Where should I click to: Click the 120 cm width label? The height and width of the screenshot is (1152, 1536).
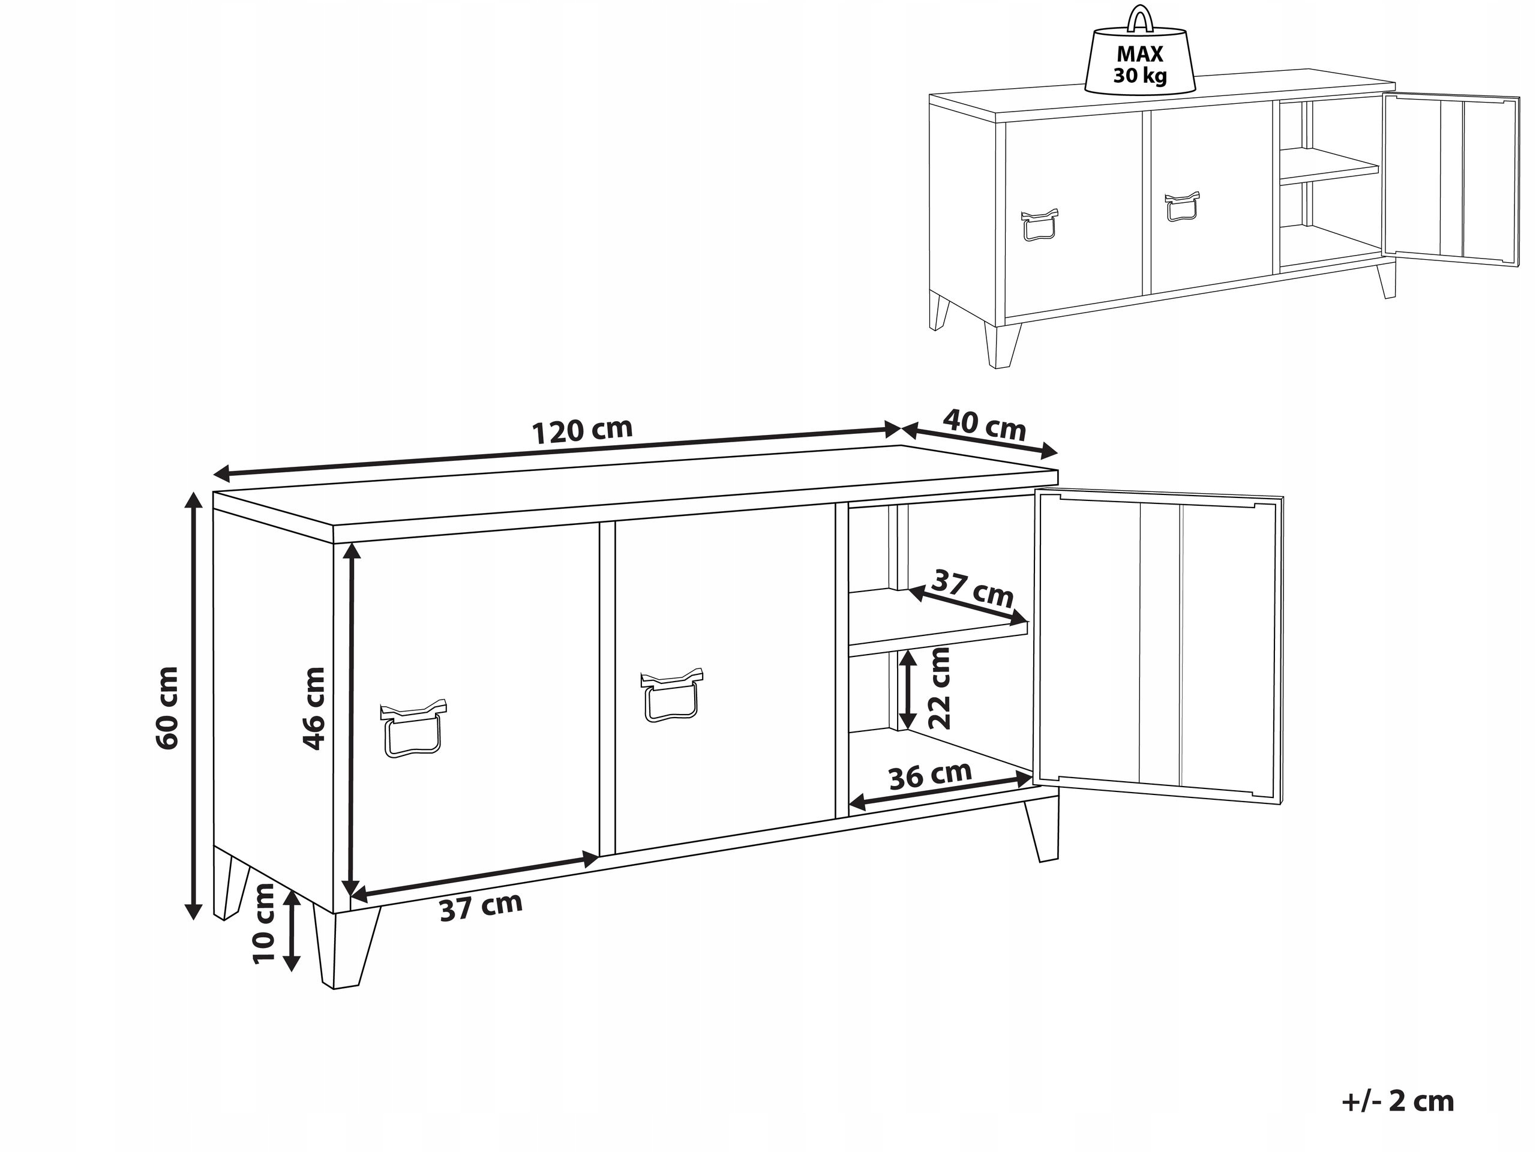tap(582, 431)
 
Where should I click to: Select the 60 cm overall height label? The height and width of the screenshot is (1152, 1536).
tap(167, 707)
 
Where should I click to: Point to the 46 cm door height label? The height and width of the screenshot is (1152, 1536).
tap(313, 708)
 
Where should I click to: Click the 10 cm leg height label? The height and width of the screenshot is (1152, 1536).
tap(265, 924)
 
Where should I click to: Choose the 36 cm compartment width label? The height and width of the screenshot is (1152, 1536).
tap(930, 776)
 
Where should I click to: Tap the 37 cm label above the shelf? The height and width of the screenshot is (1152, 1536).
tap(972, 588)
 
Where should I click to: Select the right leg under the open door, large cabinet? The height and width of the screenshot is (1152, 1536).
tap(1042, 829)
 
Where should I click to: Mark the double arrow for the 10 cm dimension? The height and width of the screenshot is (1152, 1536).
tap(292, 931)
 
